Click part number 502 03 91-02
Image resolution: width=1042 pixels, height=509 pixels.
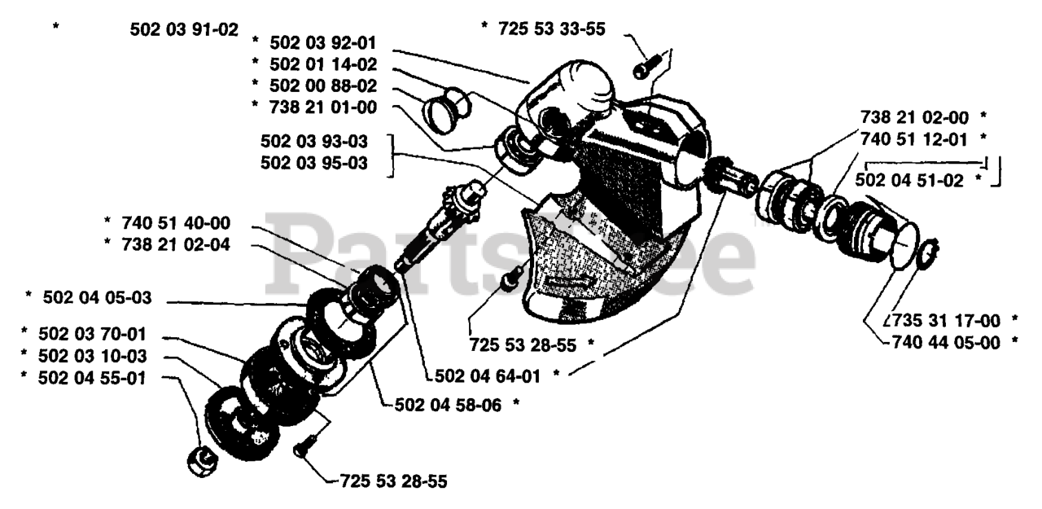(184, 29)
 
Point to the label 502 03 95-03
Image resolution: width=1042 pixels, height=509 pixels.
(313, 163)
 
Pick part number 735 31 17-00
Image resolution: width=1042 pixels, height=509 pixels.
(945, 320)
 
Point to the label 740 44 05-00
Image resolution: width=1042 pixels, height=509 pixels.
(945, 342)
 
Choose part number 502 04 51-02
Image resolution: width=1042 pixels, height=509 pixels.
(911, 180)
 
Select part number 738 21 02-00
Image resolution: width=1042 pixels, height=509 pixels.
(916, 116)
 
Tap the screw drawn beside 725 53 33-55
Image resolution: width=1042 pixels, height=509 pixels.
(643, 69)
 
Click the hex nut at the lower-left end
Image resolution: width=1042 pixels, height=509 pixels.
(200, 462)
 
